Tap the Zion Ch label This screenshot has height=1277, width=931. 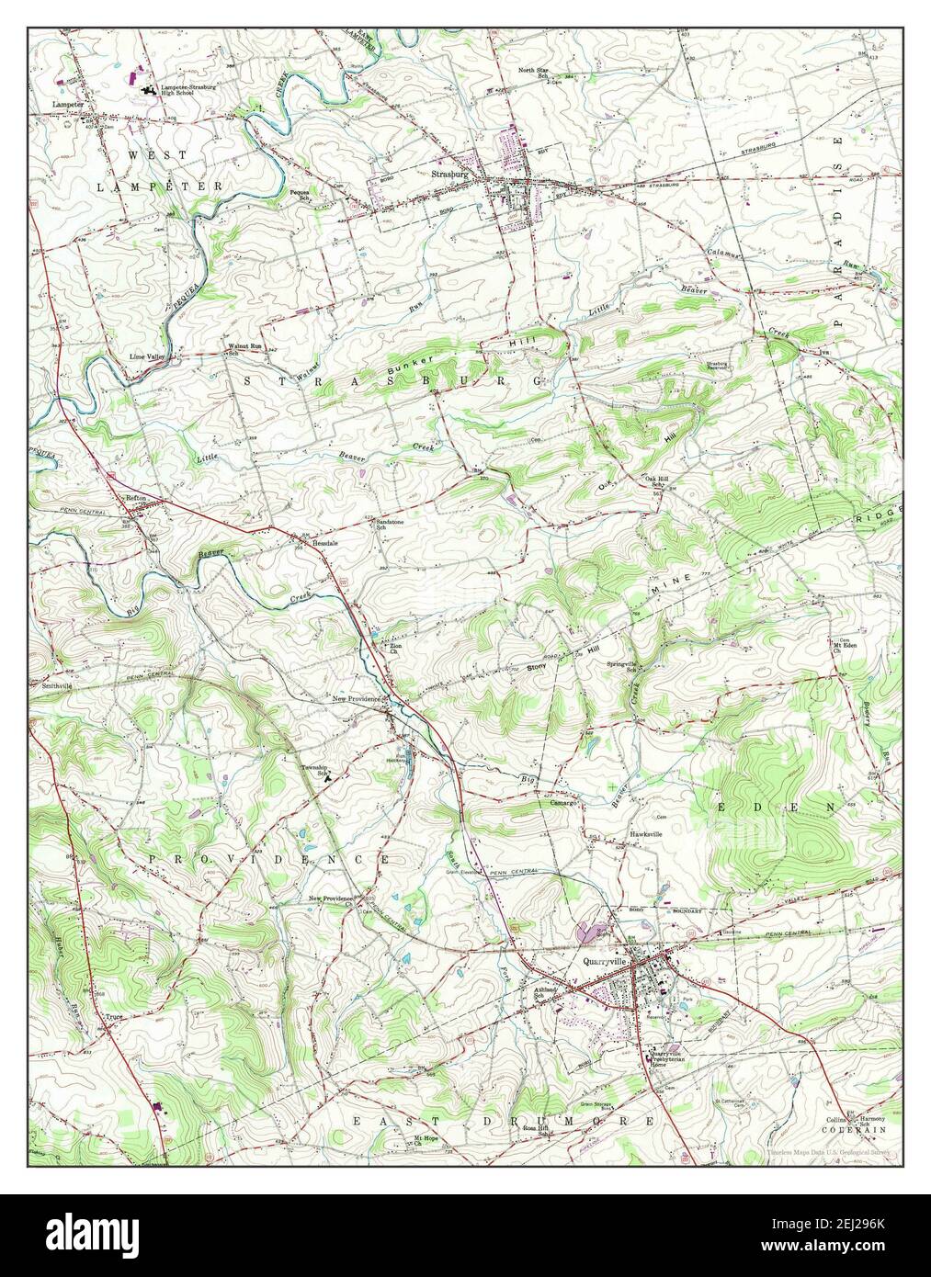tap(395, 649)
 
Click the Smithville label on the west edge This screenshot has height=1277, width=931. tap(48, 685)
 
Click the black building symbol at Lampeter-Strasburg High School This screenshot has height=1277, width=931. tap(148, 89)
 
